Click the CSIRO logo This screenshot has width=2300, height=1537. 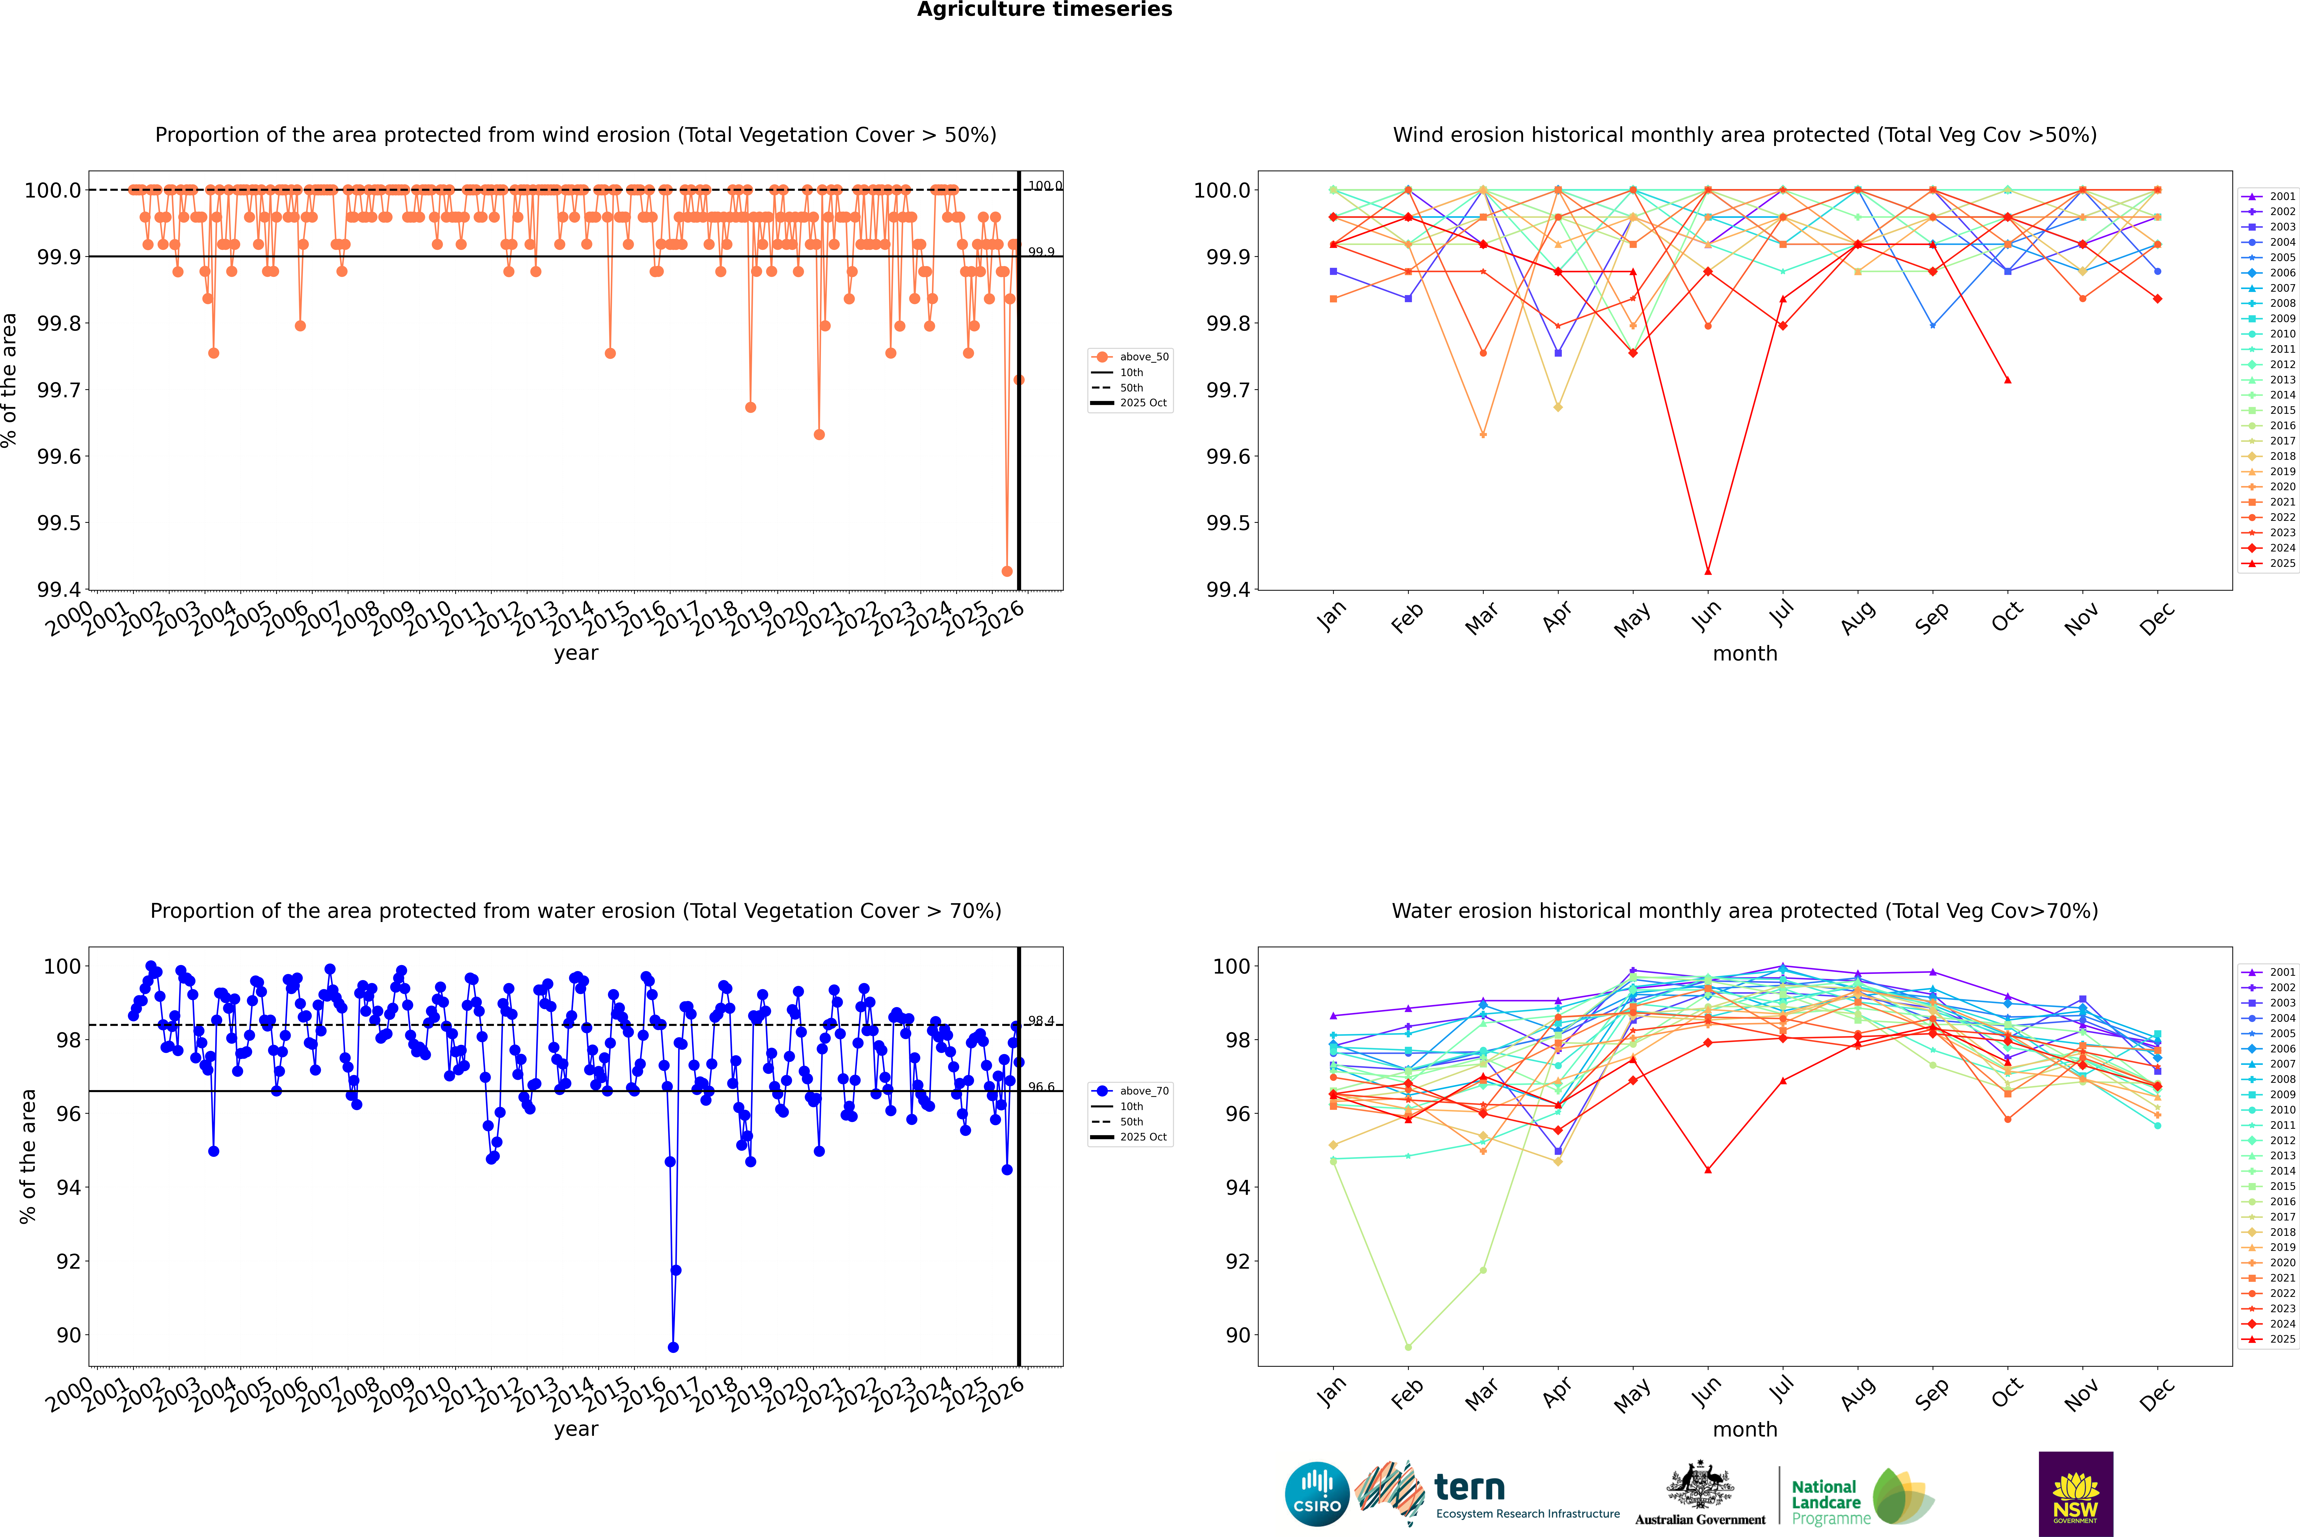coord(1317,1494)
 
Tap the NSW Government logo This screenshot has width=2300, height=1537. coord(2075,1494)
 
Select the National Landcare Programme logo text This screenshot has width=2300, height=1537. coord(1826,1502)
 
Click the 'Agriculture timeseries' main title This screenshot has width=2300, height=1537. coord(1044,10)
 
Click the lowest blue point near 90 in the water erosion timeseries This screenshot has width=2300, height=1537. coord(673,1347)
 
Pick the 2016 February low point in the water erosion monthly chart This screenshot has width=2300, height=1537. coord(1408,1347)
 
